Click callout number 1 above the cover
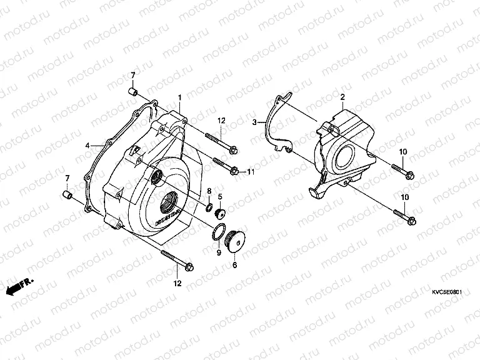(179, 97)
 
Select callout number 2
(342, 96)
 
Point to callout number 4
(88, 146)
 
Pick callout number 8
(209, 190)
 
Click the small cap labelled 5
(220, 213)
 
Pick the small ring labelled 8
(209, 207)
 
